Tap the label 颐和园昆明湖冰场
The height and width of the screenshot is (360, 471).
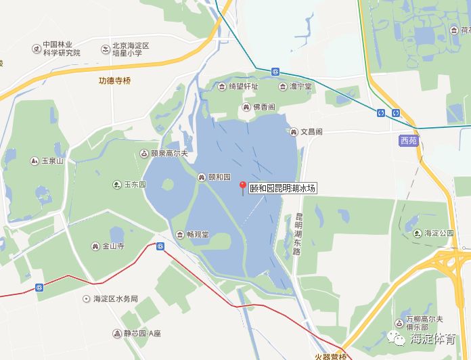pos(283,189)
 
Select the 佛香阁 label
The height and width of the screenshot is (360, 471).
pos(264,108)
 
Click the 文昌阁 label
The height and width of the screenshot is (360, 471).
pos(311,131)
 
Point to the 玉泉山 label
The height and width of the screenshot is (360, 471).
pos(51,161)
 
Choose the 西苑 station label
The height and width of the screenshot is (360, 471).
pos(409,140)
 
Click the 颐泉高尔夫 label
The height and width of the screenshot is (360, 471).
pos(168,154)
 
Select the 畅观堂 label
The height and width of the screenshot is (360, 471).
pos(197,235)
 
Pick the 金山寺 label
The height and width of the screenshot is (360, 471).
pos(113,246)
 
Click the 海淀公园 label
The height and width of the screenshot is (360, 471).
pos(439,233)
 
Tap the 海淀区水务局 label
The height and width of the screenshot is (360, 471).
pos(116,298)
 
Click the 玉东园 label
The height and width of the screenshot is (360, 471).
pos(134,184)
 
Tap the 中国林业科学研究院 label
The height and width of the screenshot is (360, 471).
pos(61,49)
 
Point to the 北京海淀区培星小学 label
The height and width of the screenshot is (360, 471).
pos(131,49)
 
